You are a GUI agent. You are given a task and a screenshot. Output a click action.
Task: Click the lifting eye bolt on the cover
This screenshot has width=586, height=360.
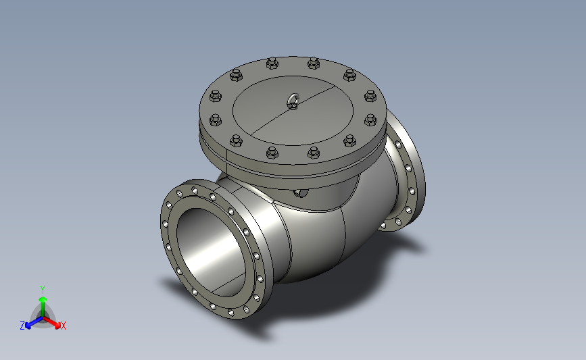293,101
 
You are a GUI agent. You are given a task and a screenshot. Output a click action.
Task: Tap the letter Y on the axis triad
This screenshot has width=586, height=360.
43,290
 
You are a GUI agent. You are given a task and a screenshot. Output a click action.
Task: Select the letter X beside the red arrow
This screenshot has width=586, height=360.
63,326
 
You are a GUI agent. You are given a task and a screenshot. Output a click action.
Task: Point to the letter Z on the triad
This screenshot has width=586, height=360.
22,326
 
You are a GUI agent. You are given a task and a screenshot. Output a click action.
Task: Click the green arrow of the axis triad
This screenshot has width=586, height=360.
43,307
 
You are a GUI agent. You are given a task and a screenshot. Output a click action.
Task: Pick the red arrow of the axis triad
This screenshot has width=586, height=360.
52,323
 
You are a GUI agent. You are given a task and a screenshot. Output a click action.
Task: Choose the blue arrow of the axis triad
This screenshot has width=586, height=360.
34,322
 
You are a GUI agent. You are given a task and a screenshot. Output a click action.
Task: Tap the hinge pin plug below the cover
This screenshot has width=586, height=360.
301,192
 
